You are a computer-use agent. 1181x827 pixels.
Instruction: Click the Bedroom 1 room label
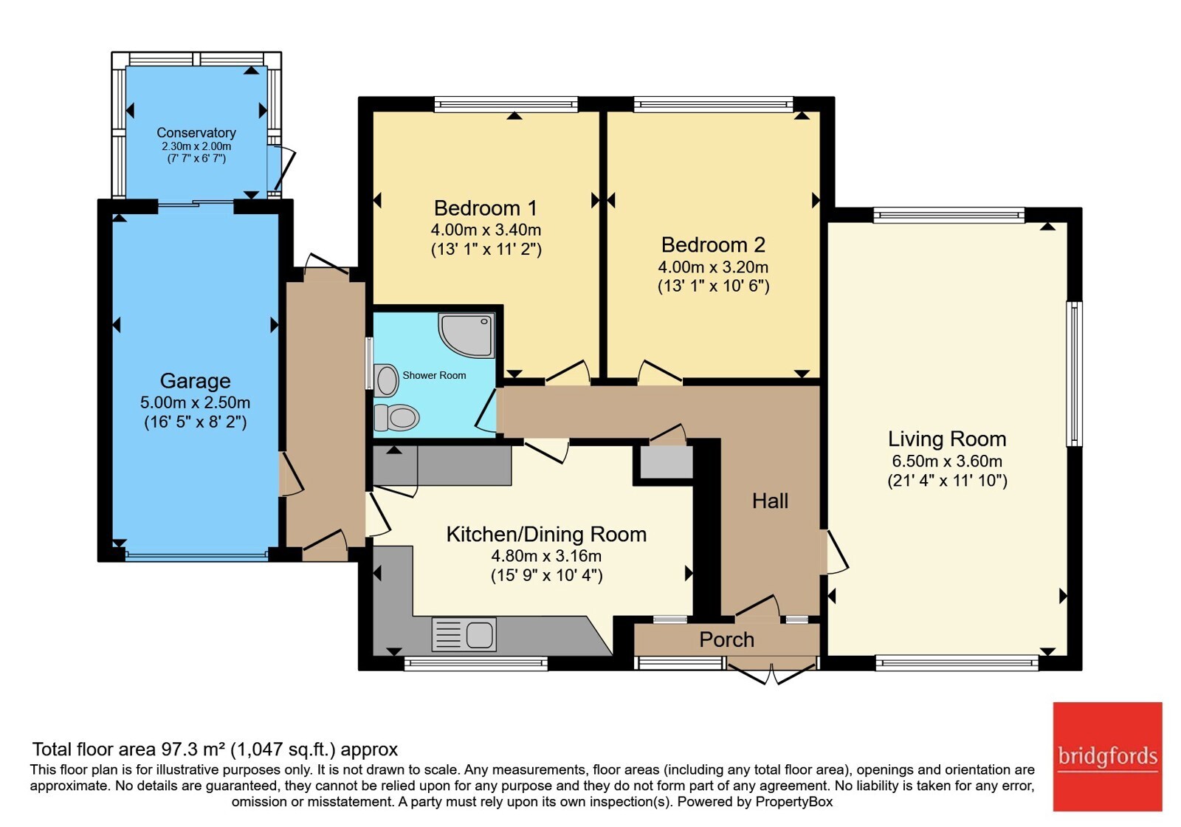pyautogui.click(x=486, y=208)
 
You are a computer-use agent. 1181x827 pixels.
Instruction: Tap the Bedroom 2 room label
pyautogui.click(x=713, y=244)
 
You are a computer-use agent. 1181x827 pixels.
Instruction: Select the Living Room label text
pyautogui.click(x=947, y=439)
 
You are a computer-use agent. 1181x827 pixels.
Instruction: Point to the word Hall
pyautogui.click(x=771, y=501)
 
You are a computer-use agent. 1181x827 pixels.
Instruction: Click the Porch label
pyautogui.click(x=726, y=639)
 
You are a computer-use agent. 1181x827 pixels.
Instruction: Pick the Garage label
pyautogui.click(x=195, y=381)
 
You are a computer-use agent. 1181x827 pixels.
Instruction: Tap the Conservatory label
pyautogui.click(x=196, y=133)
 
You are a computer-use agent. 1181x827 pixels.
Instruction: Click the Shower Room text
pyautogui.click(x=435, y=376)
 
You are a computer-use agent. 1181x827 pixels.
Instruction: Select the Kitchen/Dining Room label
pyautogui.click(x=546, y=535)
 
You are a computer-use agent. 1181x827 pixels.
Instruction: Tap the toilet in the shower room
pyautogui.click(x=396, y=418)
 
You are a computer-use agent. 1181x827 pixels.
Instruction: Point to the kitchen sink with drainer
pyautogui.click(x=464, y=634)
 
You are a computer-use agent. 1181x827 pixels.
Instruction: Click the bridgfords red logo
pyautogui.click(x=1108, y=756)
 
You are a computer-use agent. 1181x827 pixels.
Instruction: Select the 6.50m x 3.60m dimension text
pyautogui.click(x=947, y=461)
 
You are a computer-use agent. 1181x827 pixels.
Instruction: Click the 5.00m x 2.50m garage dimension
pyautogui.click(x=195, y=403)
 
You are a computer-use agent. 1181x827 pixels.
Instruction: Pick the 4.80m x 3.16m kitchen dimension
pyautogui.click(x=546, y=556)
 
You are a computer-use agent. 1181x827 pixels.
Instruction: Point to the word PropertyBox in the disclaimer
pyautogui.click(x=794, y=802)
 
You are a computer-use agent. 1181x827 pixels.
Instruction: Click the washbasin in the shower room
pyautogui.click(x=387, y=380)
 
